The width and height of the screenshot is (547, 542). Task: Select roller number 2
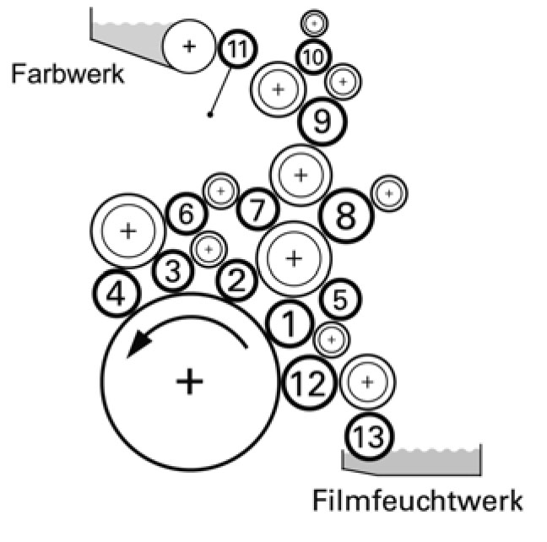[237, 280]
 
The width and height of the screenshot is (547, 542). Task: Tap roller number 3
[172, 271]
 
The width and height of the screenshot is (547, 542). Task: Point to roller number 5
[340, 298]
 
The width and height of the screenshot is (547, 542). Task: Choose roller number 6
[187, 214]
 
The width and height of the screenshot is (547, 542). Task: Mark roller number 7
[257, 210]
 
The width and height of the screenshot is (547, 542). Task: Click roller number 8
[346, 217]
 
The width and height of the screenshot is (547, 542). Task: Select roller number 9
[322, 122]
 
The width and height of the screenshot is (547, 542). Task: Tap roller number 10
[312, 57]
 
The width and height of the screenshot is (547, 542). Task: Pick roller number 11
[237, 50]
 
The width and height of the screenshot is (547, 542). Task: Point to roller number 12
[306, 384]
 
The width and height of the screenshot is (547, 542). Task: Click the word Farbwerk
[68, 73]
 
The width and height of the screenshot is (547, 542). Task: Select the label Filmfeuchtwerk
[417, 500]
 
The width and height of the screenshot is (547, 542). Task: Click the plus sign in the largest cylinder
[190, 382]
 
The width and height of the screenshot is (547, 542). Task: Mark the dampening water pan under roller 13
[422, 460]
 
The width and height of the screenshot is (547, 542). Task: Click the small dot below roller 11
[210, 114]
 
